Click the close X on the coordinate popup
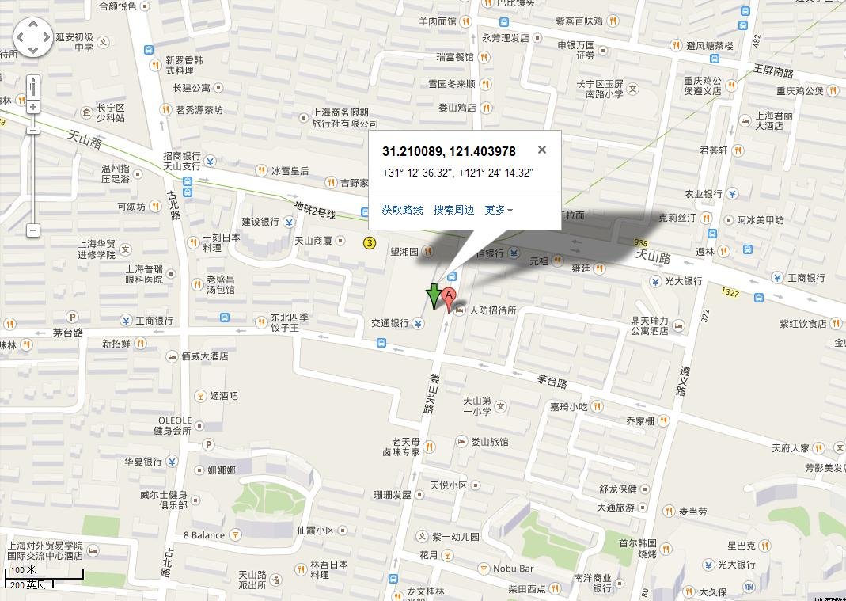point(542,150)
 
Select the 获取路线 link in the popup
point(402,210)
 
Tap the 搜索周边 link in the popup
point(453,210)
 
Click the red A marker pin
point(449,299)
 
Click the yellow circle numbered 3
point(370,242)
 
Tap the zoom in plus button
point(33,107)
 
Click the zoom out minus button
point(33,230)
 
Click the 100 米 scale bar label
point(24,570)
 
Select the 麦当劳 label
point(693,512)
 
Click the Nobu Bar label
point(514,569)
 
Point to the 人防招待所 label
point(492,310)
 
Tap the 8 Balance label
point(204,535)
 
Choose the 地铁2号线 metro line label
point(315,210)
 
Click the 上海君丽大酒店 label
point(773,120)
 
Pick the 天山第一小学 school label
point(477,405)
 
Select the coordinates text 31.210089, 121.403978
point(449,151)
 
